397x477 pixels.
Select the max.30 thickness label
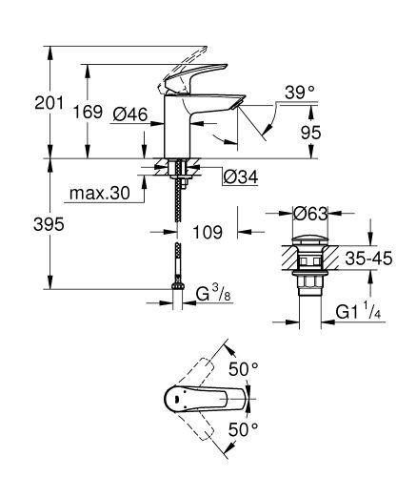[x=98, y=195]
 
